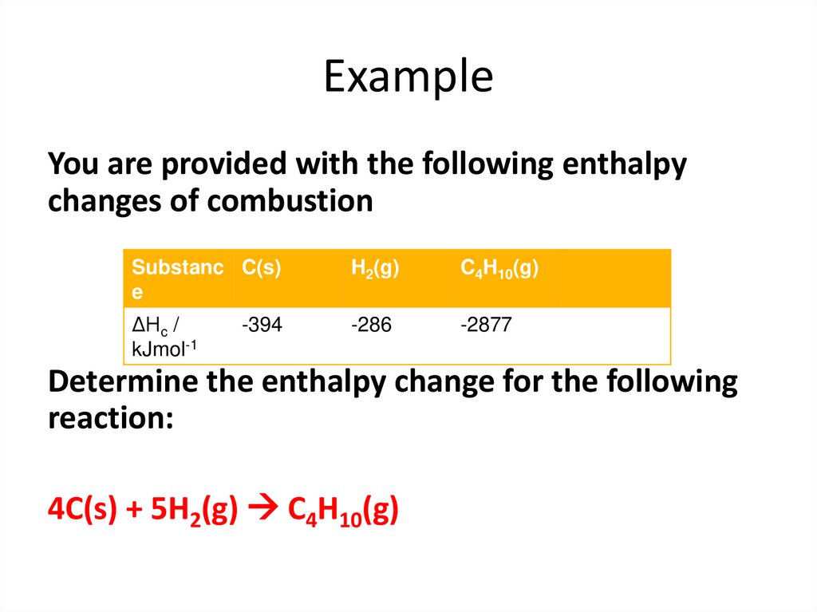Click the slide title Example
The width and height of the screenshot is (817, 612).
[408, 77]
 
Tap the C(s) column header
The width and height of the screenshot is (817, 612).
[262, 269]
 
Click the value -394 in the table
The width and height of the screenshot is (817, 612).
[262, 325]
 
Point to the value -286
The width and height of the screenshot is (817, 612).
[372, 325]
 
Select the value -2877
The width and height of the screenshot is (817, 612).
[486, 325]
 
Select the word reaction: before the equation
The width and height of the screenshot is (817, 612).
[110, 417]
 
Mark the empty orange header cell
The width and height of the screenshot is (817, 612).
[614, 278]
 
